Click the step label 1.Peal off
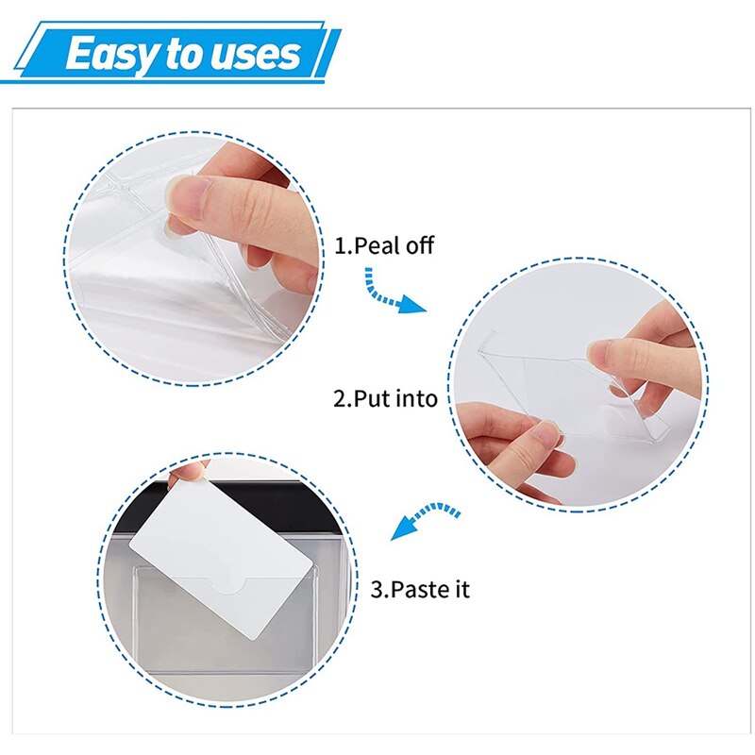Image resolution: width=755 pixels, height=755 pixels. [384, 245]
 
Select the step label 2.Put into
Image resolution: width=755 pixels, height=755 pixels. [386, 398]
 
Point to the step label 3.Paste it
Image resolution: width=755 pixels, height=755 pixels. [419, 591]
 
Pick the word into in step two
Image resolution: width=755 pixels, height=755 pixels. [415, 398]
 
